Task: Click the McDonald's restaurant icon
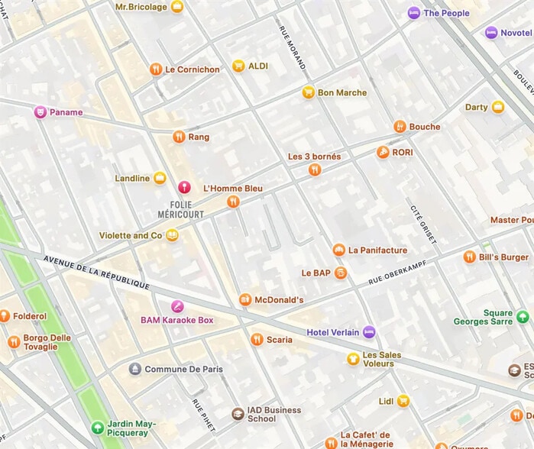click(245, 300)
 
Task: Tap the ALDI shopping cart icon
click(238, 66)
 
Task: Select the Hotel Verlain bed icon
click(369, 332)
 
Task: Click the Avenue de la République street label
click(96, 272)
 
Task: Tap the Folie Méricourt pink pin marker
click(183, 187)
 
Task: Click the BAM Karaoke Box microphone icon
click(177, 307)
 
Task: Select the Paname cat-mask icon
click(40, 112)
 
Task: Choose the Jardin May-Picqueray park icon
click(97, 428)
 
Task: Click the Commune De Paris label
click(184, 369)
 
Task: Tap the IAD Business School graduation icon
click(238, 414)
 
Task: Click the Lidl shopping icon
click(403, 401)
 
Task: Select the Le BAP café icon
click(341, 273)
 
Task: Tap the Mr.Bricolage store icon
click(177, 7)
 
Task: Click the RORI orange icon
click(383, 153)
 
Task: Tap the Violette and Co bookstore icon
click(173, 235)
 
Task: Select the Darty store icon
click(498, 107)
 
